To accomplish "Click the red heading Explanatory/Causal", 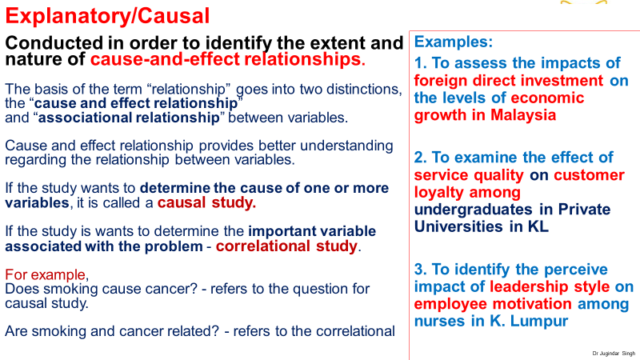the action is pos(107,16).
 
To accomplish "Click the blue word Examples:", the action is pos(454,42).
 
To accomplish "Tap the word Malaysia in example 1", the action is pos(523,115).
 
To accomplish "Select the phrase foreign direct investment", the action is pos(509,81).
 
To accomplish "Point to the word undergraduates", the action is pos(474,210).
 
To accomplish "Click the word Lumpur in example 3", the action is pos(538,321).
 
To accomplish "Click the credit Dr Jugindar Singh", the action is pos(614,354).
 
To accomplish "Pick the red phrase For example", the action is pos(46,274).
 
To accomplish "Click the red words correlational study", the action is pos(286,246).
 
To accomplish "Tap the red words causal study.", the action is pos(206,202).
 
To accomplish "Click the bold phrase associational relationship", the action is pos(129,118).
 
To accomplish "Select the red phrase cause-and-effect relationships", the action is pos(228,59).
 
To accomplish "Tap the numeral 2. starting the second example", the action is pos(421,158).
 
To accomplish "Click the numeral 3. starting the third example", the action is pos(421,270).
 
